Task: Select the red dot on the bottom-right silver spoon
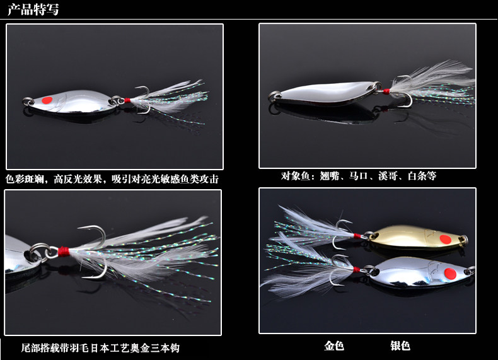(449, 274)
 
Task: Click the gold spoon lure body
(416, 236)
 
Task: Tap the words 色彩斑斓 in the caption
(26, 180)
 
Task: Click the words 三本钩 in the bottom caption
(170, 348)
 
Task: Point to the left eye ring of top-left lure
(28, 101)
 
